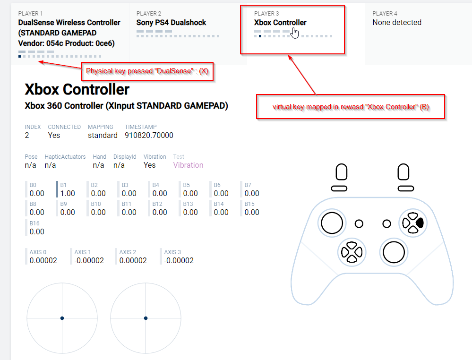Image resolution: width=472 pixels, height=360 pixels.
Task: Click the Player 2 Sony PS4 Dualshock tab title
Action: [171, 23]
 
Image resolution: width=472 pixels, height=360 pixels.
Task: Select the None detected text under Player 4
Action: [397, 23]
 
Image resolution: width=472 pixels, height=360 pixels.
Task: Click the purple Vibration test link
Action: [188, 165]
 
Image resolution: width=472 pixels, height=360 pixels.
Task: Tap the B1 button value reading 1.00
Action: [68, 193]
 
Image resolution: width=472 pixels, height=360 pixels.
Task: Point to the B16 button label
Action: [34, 223]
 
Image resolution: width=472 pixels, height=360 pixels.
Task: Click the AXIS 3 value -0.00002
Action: [179, 260]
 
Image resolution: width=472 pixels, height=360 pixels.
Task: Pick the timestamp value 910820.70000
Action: [149, 136]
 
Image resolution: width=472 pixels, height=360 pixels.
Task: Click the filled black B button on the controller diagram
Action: [420, 223]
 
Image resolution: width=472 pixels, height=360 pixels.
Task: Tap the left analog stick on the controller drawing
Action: [332, 223]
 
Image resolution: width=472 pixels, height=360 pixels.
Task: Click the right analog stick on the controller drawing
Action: [394, 252]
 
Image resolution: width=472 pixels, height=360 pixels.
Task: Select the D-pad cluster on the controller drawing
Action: [352, 252]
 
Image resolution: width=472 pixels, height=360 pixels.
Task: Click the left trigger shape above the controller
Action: [341, 172]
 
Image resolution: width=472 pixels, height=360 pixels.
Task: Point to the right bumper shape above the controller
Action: [405, 189]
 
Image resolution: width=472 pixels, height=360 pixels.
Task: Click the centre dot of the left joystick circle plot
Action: [62, 318]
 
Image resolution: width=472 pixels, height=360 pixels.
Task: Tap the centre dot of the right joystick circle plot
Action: [146, 318]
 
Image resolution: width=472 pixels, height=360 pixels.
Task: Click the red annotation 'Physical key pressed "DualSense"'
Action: [147, 71]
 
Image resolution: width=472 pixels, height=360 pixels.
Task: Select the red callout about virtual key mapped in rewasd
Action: [351, 107]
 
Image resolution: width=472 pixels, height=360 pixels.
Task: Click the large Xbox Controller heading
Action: [77, 89]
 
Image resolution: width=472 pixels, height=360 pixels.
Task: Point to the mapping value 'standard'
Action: [103, 136]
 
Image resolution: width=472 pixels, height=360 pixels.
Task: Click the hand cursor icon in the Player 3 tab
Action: [295, 33]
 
